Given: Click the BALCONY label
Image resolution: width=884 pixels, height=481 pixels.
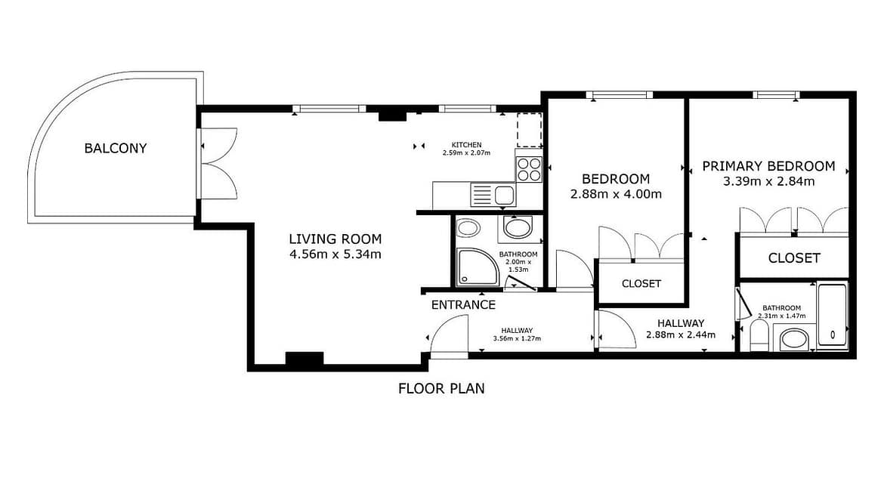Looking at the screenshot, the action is click(x=115, y=148).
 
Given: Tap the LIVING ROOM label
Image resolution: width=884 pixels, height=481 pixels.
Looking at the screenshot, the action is click(x=335, y=239).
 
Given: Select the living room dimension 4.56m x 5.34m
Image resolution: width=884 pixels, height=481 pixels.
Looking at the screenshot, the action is click(x=335, y=254).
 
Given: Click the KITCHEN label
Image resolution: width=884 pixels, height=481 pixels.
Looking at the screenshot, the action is click(x=467, y=145).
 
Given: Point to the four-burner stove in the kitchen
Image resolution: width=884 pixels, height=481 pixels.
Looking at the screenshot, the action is click(x=529, y=170).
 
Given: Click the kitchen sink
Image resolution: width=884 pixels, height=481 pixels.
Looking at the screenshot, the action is click(x=493, y=196).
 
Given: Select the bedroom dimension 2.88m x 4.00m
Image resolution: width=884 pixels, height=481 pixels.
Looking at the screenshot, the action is click(x=617, y=194).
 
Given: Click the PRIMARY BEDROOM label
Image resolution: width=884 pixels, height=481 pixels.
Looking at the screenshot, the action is click(x=768, y=166).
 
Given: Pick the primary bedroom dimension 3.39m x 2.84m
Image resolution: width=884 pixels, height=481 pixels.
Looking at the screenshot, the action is click(x=769, y=181).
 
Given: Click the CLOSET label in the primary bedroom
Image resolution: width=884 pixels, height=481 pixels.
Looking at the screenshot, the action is click(x=794, y=258).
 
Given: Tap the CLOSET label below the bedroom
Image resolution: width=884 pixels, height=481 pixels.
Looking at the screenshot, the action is click(x=641, y=283).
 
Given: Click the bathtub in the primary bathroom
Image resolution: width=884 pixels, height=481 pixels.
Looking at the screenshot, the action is click(x=833, y=316).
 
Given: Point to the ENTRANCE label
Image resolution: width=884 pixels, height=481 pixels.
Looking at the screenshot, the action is click(x=463, y=305).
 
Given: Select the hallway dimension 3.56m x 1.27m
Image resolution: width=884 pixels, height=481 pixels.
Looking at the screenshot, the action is click(x=517, y=338).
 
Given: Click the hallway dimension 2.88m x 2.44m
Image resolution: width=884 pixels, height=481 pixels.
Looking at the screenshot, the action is click(x=681, y=335).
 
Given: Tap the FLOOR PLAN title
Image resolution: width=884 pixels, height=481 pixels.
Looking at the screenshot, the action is click(x=441, y=389).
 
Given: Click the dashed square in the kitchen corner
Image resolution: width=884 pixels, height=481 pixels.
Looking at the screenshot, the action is click(x=530, y=130).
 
